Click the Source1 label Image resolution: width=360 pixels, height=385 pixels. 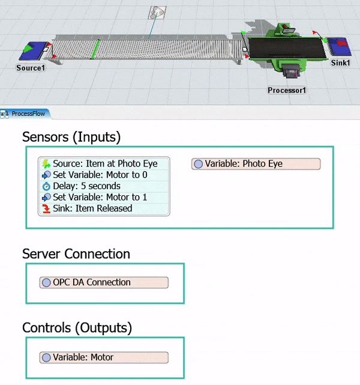coord(30,68)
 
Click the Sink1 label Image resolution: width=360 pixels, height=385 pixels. coord(340,62)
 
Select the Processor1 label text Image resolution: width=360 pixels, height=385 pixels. coord(287,90)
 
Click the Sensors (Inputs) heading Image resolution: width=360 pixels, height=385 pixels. coord(71,137)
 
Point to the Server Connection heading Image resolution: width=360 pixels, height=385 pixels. coord(76,254)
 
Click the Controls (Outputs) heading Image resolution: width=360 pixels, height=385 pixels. coord(77,327)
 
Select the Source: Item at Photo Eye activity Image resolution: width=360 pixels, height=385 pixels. coord(104,163)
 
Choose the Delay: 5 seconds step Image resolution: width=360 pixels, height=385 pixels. coord(86,186)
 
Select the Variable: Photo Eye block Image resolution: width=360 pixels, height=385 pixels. coord(256,164)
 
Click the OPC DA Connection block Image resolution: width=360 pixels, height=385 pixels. coord(104,282)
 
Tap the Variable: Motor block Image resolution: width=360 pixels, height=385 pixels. coord(104,357)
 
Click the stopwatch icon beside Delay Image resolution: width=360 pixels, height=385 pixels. coord(46,186)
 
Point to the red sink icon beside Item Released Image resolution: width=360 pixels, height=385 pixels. coord(46,208)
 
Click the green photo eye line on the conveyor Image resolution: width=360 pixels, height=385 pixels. coord(95,49)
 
